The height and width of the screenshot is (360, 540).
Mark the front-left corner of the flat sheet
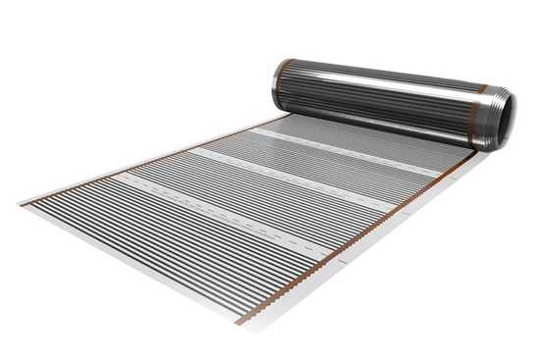21,204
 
